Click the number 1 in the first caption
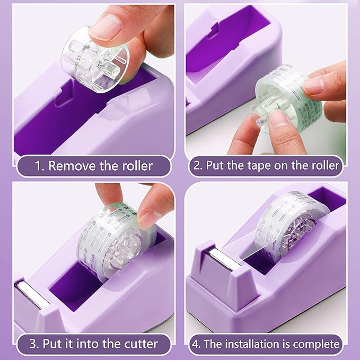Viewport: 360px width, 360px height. point(38,165)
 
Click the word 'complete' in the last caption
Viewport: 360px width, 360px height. point(317,344)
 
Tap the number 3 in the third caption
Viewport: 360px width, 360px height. point(34,344)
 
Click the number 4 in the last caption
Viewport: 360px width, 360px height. point(196,344)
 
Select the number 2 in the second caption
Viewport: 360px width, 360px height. point(197,165)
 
